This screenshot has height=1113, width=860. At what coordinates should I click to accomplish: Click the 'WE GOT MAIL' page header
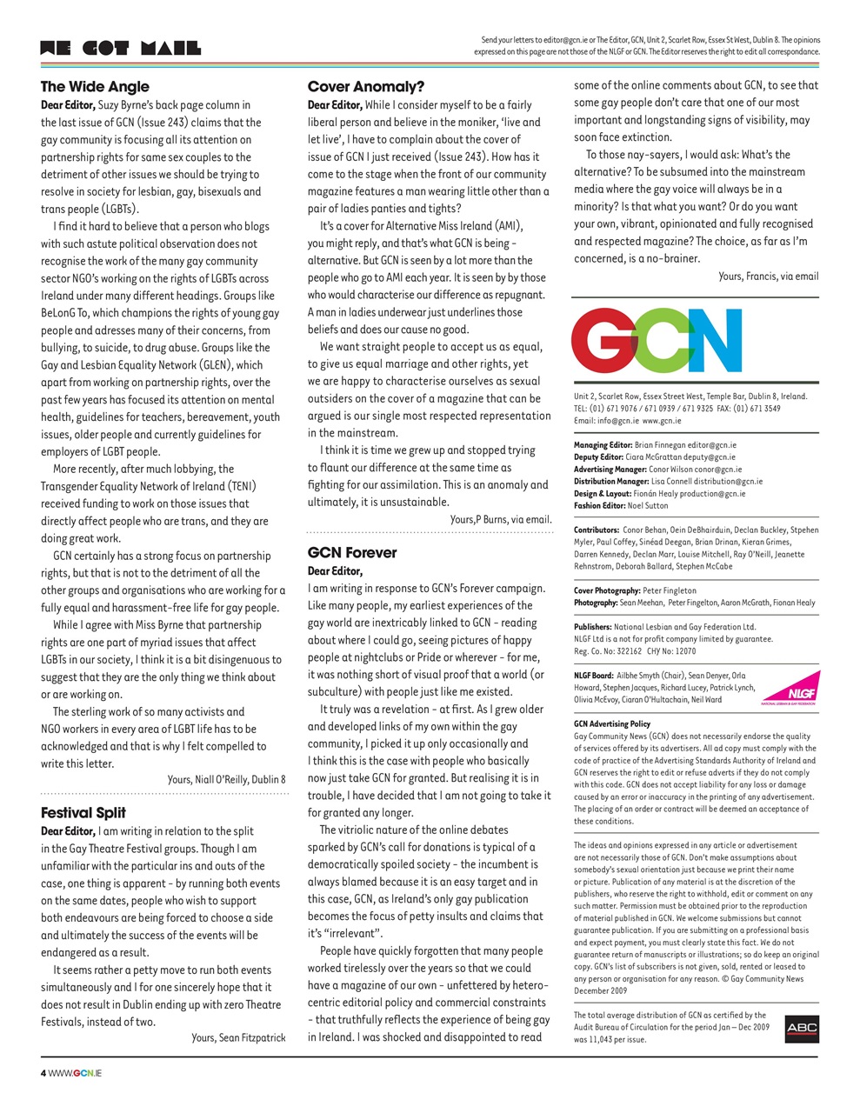point(120,49)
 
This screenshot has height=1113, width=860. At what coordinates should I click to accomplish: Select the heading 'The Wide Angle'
point(95,87)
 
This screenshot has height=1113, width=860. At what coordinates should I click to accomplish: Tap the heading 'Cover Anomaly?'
point(366,87)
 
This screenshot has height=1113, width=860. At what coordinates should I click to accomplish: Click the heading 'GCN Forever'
point(352,553)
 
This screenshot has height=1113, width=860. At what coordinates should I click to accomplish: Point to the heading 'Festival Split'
point(83,813)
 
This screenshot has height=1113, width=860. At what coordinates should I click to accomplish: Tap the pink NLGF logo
point(790,688)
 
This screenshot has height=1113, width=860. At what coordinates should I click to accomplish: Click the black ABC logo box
point(801,1028)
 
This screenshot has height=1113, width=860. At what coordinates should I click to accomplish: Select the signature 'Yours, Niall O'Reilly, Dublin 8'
point(226,779)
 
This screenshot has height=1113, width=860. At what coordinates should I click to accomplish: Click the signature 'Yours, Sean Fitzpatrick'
point(238,1037)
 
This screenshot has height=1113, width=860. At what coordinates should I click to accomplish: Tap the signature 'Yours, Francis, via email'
point(768,277)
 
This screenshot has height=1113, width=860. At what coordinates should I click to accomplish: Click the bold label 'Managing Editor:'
point(603,445)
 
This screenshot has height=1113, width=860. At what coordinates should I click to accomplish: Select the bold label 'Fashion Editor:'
point(598,505)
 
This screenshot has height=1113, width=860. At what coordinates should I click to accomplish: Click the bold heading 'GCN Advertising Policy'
point(612,723)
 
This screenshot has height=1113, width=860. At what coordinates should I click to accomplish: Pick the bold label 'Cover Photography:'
point(607,590)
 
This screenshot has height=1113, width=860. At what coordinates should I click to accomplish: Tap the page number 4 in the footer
point(43,1073)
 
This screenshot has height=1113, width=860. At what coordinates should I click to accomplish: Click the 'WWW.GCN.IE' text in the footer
point(76,1073)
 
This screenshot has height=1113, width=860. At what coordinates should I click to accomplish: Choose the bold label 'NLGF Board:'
point(593,675)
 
